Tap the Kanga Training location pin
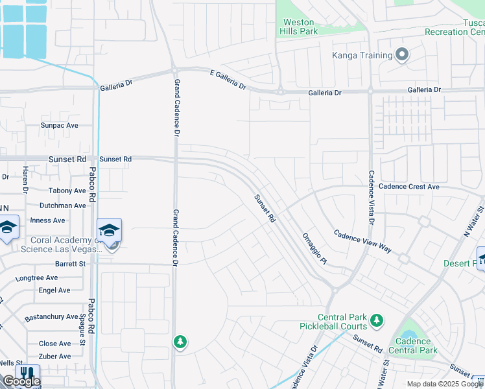(402, 55)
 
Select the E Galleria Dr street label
(228, 80)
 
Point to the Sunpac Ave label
(59, 125)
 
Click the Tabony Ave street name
(67, 191)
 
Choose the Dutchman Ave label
(62, 206)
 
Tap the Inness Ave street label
(47, 220)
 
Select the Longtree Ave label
(36, 277)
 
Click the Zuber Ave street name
(55, 357)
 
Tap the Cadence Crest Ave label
(409, 187)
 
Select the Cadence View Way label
(363, 241)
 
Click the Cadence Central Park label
(413, 346)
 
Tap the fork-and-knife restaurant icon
(27, 375)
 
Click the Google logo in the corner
(21, 382)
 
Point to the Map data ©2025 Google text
(445, 384)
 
